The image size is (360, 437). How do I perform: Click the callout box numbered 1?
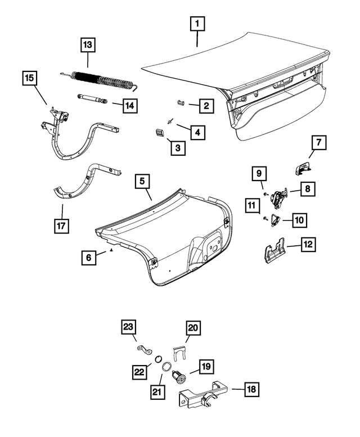[197, 24]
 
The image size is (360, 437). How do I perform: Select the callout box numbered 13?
[88, 44]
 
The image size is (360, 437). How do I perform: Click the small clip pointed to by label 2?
[180, 102]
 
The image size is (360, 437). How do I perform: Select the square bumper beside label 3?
[159, 132]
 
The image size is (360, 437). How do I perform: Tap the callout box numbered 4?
[197, 132]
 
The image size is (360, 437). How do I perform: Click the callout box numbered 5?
[143, 181]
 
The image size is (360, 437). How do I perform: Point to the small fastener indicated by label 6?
[112, 249]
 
